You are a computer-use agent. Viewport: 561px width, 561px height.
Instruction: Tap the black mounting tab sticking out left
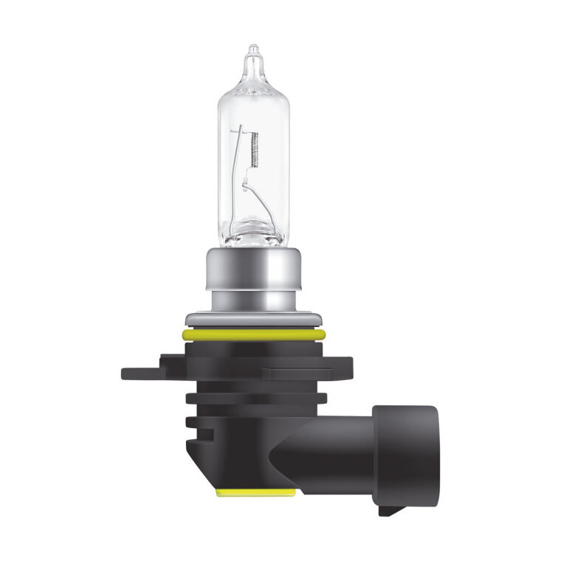pos(140,371)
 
